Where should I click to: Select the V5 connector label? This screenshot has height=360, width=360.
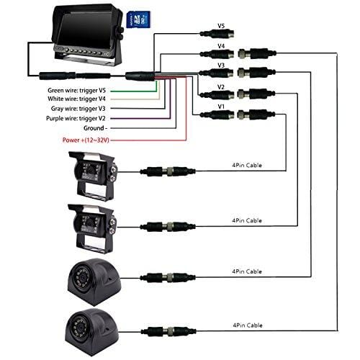(x=222, y=24)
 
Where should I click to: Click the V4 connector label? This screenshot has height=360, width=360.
(x=222, y=45)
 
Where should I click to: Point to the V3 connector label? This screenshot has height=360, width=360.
(x=222, y=65)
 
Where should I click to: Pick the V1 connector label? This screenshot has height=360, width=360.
(x=222, y=106)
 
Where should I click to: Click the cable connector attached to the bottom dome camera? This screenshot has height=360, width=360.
(x=160, y=325)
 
